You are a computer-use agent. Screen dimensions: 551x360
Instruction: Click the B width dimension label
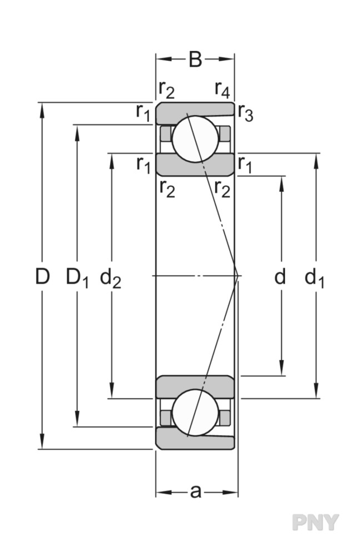[195, 59]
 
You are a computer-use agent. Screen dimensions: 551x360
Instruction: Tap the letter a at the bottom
[195, 492]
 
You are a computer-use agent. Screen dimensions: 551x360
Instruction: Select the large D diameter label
[42, 276]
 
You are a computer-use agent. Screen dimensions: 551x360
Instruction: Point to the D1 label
[77, 277]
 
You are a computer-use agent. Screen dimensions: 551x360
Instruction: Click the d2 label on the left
[111, 277]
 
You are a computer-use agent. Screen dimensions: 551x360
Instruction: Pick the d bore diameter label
[280, 276]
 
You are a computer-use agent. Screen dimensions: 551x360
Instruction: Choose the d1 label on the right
[314, 277]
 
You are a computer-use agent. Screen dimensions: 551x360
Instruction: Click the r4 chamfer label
[222, 89]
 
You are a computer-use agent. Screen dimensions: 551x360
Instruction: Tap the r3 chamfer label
[245, 113]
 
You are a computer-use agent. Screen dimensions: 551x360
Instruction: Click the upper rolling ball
[194, 139]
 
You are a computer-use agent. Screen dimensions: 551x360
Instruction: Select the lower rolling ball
[194, 413]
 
